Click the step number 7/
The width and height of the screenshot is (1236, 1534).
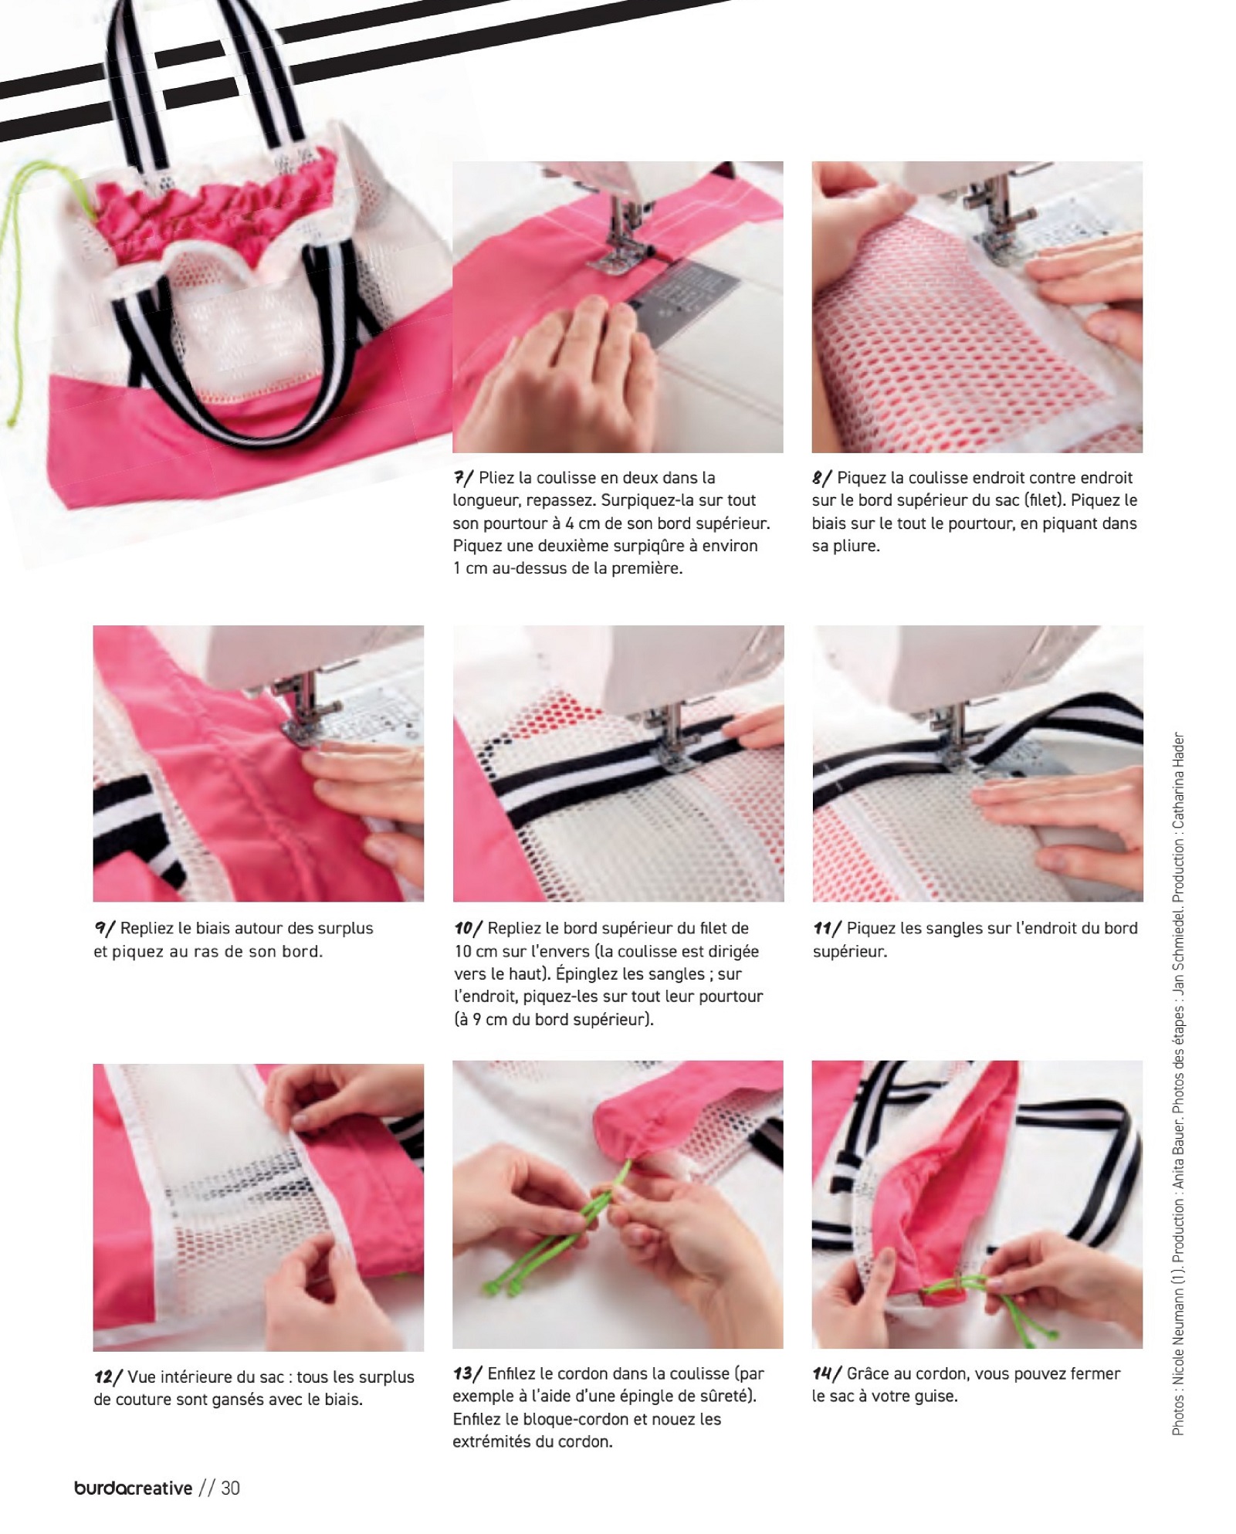(x=463, y=478)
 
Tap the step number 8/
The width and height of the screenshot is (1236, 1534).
(x=822, y=478)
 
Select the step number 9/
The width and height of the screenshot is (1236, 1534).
(x=104, y=929)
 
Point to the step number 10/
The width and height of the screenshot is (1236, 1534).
(x=469, y=929)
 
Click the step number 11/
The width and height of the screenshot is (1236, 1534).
(x=827, y=929)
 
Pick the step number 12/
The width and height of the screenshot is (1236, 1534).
(x=108, y=1377)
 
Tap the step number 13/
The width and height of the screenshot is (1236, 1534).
(x=468, y=1374)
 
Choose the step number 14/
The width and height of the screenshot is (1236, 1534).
(x=827, y=1374)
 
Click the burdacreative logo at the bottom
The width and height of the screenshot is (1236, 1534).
(x=134, y=1488)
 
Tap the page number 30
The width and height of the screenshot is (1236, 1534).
(x=231, y=1488)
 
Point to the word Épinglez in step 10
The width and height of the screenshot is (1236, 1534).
(x=589, y=974)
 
